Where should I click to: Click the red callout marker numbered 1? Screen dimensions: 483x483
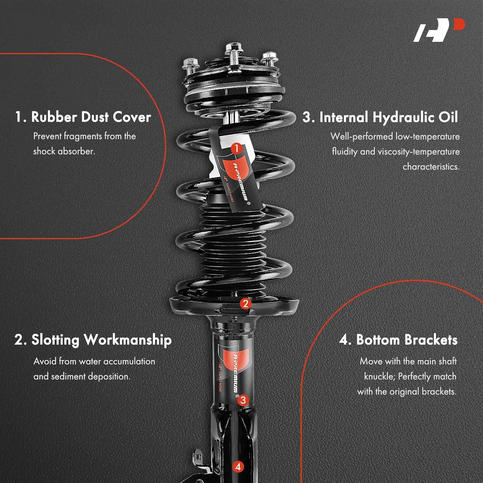point(236,148)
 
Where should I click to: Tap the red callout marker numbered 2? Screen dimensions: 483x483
point(245,303)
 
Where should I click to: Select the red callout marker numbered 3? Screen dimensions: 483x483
point(243,400)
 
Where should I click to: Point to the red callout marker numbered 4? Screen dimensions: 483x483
point(238,467)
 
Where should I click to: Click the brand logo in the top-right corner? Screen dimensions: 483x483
point(439,30)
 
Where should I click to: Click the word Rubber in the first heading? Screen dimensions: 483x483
point(54,117)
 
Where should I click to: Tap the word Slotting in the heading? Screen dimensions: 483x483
point(55,340)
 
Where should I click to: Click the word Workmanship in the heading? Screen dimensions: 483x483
point(128,340)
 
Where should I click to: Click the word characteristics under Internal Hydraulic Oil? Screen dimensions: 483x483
point(431,166)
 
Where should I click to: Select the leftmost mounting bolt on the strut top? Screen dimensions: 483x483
point(190,66)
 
